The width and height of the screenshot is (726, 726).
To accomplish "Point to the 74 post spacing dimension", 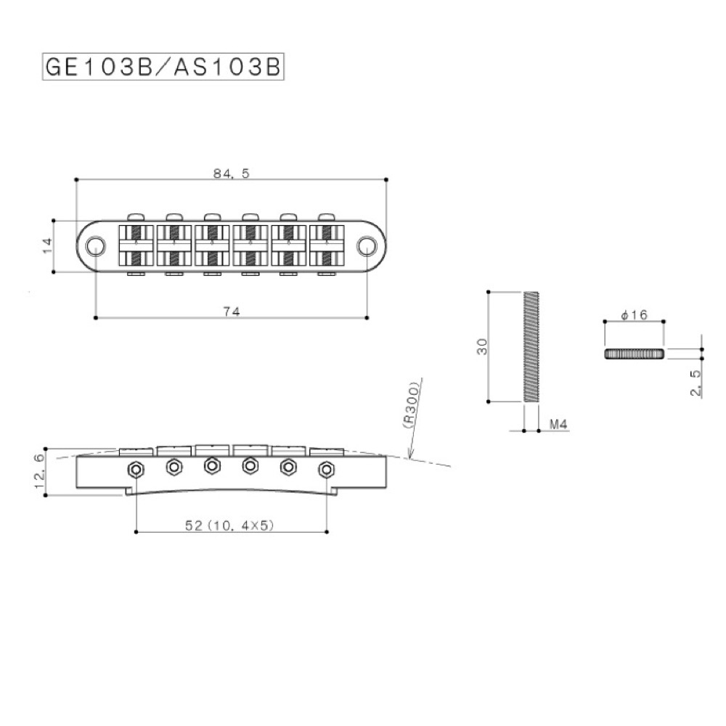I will [x=231, y=311].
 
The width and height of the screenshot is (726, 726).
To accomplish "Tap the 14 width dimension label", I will [x=47, y=246].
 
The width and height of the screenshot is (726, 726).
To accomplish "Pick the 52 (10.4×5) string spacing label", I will [x=229, y=525].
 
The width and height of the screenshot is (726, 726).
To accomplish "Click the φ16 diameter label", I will [x=634, y=314].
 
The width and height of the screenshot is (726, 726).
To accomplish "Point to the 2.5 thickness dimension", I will [x=696, y=382].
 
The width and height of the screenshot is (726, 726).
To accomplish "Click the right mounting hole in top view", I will [x=367, y=246].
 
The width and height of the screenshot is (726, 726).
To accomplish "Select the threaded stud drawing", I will [x=531, y=346].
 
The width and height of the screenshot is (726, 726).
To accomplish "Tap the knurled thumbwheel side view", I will [x=634, y=353].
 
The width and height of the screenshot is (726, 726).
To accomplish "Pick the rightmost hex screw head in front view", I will [x=326, y=469].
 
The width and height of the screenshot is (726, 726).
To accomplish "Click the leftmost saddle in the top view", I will [x=136, y=245].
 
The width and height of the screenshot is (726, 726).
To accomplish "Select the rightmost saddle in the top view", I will [x=327, y=245].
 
